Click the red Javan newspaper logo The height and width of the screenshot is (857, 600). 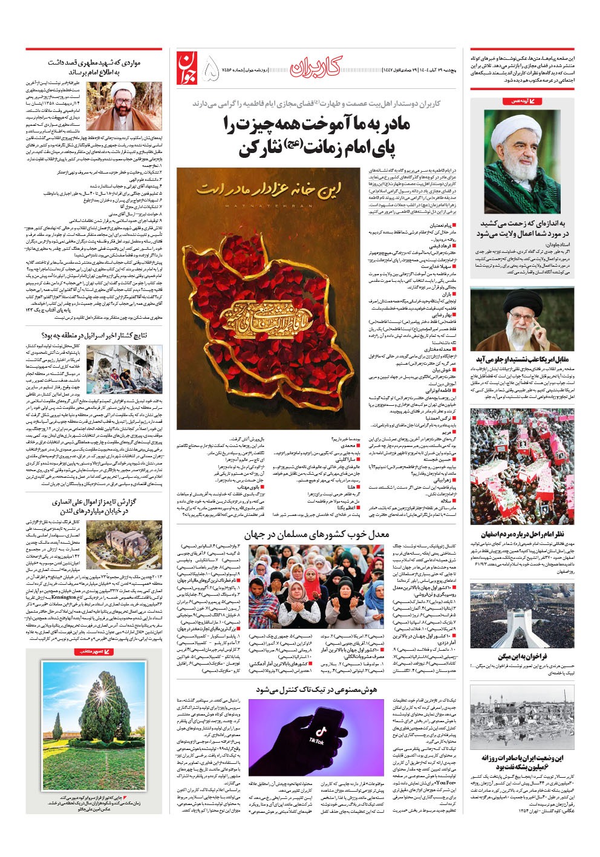tap(188, 68)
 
